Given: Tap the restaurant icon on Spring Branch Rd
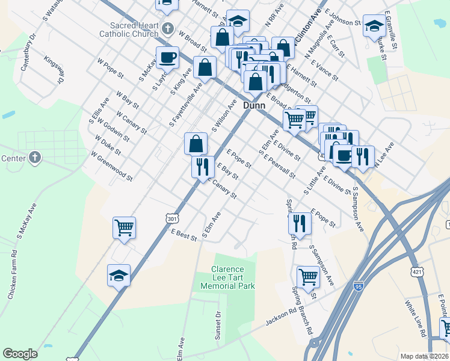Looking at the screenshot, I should coord(299,223).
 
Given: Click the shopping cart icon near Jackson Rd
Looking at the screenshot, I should coord(307,277).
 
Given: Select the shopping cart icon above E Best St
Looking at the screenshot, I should coord(124,228).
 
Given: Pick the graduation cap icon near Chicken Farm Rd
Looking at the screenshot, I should coord(119,276).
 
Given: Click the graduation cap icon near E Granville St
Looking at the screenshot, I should coord(374,26).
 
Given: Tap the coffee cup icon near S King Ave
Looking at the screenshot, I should coord(168,58).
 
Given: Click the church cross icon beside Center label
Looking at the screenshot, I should coord(35,158).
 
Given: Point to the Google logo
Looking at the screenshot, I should coord(20,354).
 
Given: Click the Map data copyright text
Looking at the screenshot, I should coord(424,356).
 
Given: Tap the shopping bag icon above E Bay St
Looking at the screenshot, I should coord(196,144).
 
